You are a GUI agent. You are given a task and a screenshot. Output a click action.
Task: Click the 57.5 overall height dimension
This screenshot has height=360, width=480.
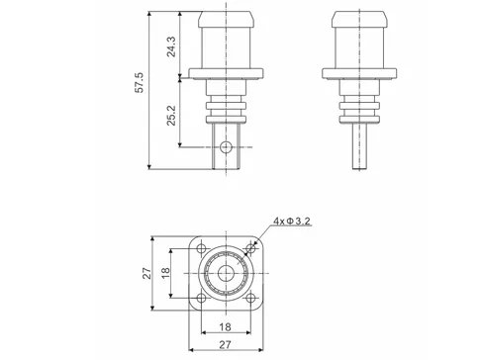point(140,83)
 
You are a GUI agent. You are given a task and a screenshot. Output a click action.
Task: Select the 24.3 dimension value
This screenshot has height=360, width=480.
point(170,46)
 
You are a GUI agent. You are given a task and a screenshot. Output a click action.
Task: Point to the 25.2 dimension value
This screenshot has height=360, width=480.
point(170,113)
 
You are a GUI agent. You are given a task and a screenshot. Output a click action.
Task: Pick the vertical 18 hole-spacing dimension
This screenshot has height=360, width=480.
point(166,274)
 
